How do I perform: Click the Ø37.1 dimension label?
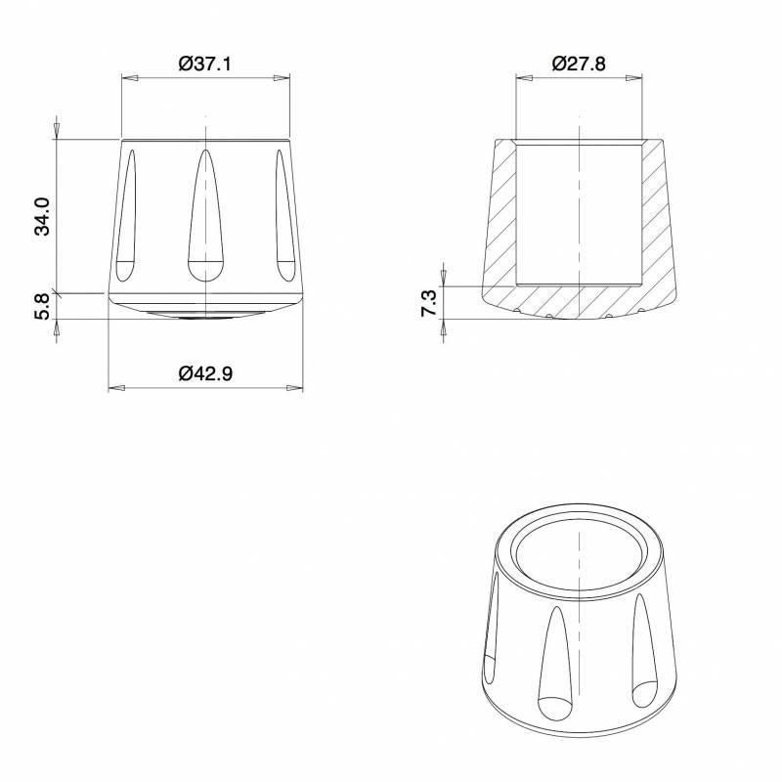pyautogui.click(x=205, y=65)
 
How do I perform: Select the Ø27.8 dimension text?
pyautogui.click(x=579, y=65)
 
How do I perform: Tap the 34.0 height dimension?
pyautogui.click(x=41, y=216)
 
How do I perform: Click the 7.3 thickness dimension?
pyautogui.click(x=429, y=302)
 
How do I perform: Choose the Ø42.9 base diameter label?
pyautogui.click(x=205, y=373)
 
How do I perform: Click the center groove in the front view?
pyautogui.click(x=205, y=220)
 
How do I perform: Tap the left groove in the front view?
pyautogui.click(x=127, y=215)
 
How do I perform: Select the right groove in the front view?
pyautogui.click(x=284, y=215)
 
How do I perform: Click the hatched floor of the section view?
pyautogui.click(x=579, y=299)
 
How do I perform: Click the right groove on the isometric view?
pyautogui.click(x=643, y=650)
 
